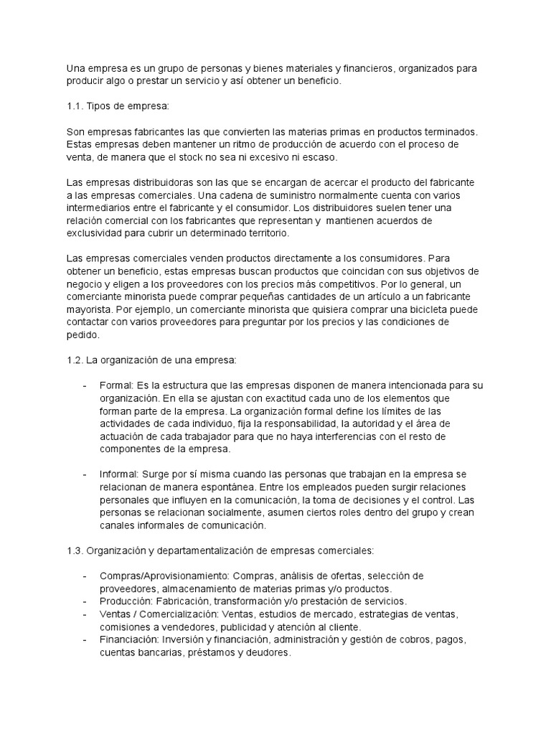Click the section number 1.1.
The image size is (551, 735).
point(74,107)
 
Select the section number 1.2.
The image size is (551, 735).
point(74,360)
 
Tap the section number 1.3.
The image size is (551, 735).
point(74,551)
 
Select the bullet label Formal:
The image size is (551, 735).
point(116,385)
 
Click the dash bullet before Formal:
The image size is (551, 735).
point(85,385)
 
